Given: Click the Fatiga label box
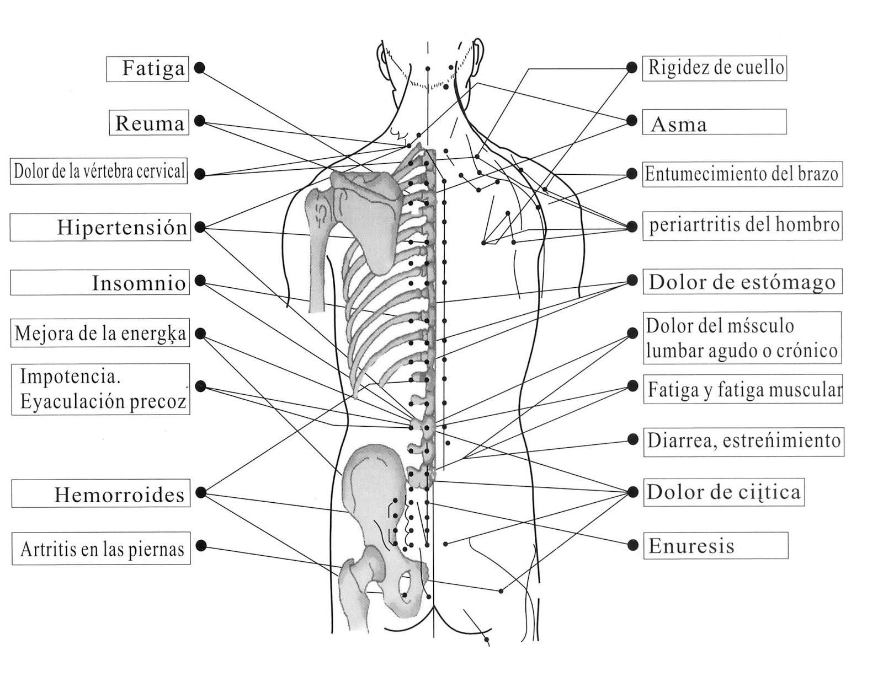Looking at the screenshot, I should coord(147,69).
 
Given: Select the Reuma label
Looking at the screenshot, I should coord(149,122).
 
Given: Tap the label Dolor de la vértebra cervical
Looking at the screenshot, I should coord(99,171).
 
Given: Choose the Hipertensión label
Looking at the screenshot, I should coord(100,227).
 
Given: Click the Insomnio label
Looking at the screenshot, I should coord(100,282).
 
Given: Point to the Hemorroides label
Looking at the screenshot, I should coord(101,494).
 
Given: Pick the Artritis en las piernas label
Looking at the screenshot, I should coord(101,549).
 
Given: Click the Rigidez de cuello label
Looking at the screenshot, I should coord(715,68).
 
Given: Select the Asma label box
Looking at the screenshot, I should coord(714,122).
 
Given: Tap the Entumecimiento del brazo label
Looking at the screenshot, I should coord(742,174).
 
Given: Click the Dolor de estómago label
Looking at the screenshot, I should coord(742,282).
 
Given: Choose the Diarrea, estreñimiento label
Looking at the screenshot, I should coord(743,440).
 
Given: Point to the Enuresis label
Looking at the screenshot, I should coord(716,546).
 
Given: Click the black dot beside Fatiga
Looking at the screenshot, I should coord(200,68).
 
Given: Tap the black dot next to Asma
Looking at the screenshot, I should coord(632,121).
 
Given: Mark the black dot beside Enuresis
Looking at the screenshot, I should coord(633,545).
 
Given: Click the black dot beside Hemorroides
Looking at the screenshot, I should coord(201,492).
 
